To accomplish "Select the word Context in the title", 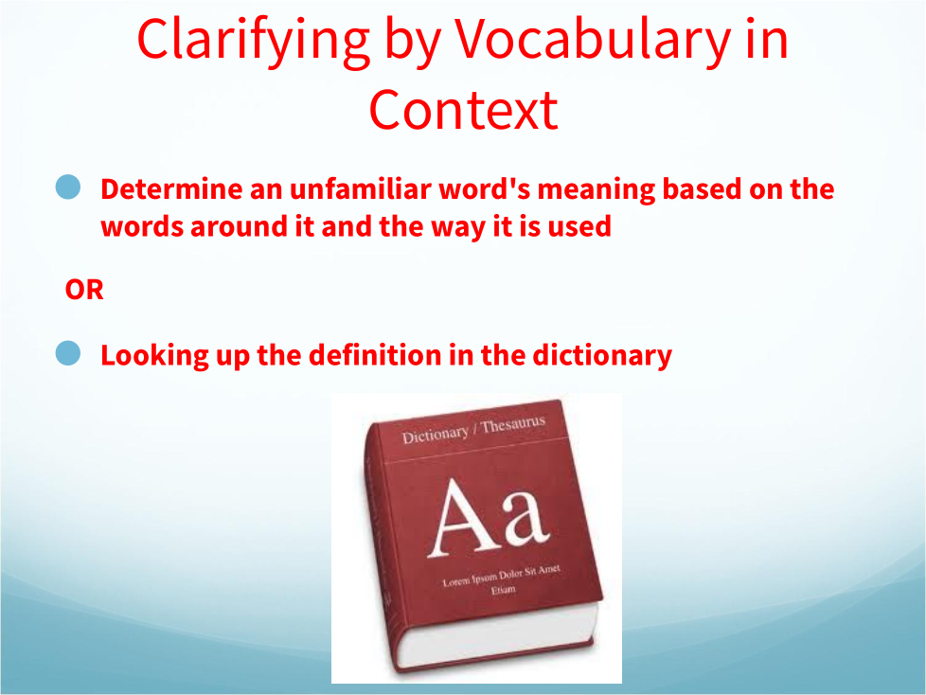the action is click(x=464, y=111).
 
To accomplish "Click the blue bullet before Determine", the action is click(x=68, y=187).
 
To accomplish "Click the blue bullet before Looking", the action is click(x=68, y=353).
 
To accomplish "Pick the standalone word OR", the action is click(x=84, y=290).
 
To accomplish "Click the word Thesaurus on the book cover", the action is click(x=512, y=424).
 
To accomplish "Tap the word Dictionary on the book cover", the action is click(x=436, y=436).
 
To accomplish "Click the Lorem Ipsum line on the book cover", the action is click(x=502, y=575).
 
